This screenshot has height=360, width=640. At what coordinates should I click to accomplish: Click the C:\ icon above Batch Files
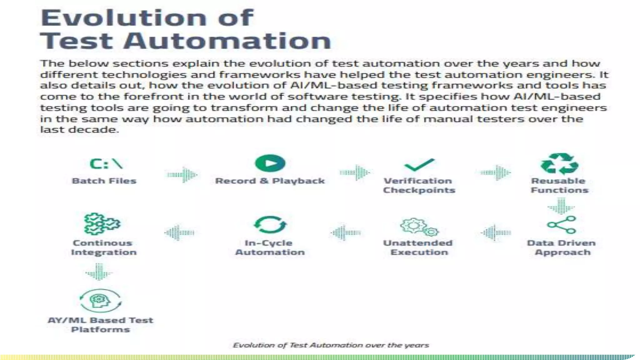tap(106, 164)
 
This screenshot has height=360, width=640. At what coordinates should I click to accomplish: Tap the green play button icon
tap(270, 163)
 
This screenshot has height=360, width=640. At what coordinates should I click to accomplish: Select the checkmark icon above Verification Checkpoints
tap(419, 165)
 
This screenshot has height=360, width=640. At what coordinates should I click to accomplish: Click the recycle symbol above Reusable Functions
tap(559, 163)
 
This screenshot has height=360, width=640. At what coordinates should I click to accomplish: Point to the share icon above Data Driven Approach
tap(561, 225)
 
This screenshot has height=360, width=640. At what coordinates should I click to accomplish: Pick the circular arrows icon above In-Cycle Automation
tap(270, 225)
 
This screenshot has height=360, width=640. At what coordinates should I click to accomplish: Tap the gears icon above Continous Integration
tap(102, 224)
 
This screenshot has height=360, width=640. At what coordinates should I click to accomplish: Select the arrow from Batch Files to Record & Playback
tap(182, 174)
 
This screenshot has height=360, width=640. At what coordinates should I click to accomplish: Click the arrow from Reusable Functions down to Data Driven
tap(561, 206)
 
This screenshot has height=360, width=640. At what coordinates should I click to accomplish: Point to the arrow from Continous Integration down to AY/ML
tap(99, 272)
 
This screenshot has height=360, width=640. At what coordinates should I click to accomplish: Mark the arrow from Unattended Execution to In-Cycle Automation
tap(346, 232)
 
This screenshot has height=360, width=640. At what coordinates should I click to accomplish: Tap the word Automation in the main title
tap(227, 41)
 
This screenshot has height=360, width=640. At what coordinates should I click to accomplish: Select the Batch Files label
tap(104, 181)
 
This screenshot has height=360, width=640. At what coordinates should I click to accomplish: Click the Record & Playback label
tap(270, 181)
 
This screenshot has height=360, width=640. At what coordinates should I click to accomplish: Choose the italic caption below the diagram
tap(331, 345)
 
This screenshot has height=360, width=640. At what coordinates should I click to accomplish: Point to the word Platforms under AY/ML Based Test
tap(100, 329)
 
